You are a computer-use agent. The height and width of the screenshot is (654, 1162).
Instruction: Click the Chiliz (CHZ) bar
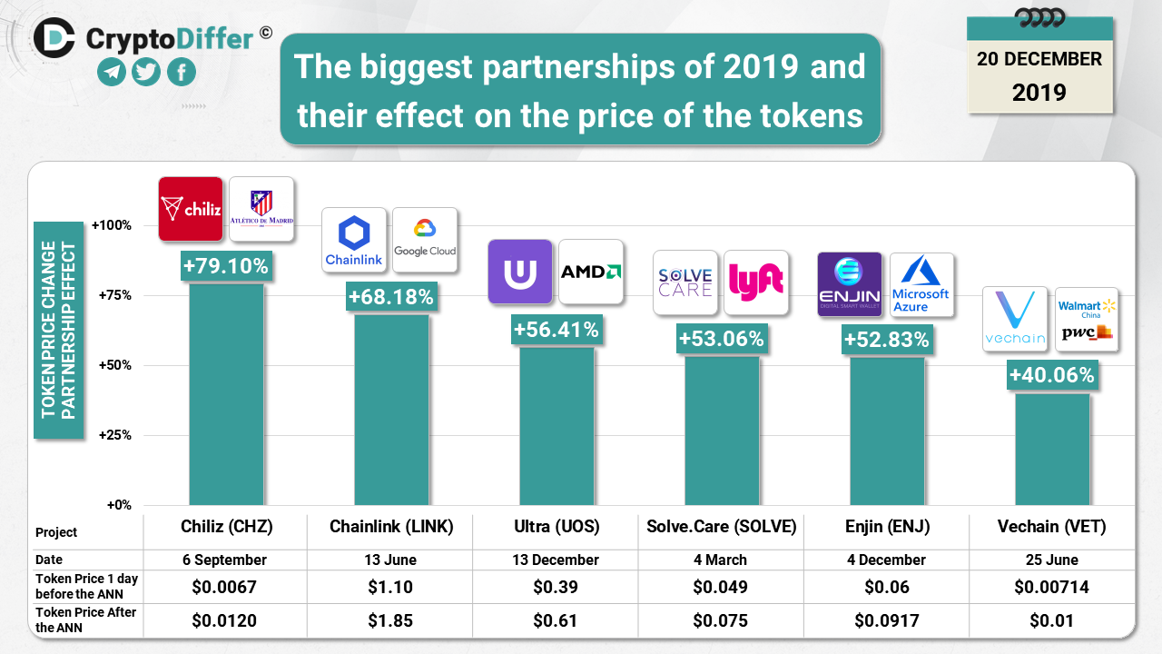tap(226, 395)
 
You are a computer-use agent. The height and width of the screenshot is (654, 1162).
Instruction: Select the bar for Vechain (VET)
tap(1052, 449)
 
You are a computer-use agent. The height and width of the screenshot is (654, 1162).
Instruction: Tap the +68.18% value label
tap(391, 296)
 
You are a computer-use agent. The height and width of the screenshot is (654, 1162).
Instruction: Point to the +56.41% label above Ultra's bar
tap(556, 330)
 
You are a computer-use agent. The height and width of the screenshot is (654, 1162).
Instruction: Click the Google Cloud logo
tap(425, 239)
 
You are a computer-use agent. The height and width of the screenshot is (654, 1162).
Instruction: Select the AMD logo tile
tap(591, 271)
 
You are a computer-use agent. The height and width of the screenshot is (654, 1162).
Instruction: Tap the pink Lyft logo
tap(756, 282)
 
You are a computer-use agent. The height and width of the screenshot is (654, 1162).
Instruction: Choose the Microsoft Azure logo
tap(921, 284)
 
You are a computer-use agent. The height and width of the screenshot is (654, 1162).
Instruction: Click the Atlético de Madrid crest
tap(261, 208)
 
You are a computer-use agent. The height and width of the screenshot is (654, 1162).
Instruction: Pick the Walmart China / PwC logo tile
tap(1086, 319)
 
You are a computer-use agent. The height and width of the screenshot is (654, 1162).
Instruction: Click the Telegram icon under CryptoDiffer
tap(112, 72)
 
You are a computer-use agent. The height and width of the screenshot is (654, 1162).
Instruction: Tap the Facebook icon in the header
tap(182, 72)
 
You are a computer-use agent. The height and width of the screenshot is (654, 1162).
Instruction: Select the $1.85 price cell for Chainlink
tap(390, 621)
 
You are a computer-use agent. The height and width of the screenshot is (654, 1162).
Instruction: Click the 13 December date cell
tap(556, 560)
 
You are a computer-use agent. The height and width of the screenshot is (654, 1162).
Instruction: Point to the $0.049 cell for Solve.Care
tap(721, 587)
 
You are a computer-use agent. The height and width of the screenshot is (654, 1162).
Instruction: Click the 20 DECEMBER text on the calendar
tap(1039, 60)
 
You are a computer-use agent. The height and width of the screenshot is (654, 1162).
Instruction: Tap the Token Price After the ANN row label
tap(85, 619)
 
